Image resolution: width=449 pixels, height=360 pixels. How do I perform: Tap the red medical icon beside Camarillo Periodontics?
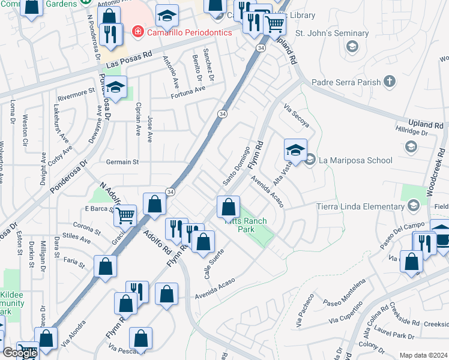tap(139, 32)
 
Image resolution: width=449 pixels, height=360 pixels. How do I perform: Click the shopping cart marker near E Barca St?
tap(125, 215)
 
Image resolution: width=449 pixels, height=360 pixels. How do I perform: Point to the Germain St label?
tap(122, 162)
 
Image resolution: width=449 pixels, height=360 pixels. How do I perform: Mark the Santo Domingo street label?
tap(236, 166)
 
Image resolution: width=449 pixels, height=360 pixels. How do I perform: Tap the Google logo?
tap(20, 353)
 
